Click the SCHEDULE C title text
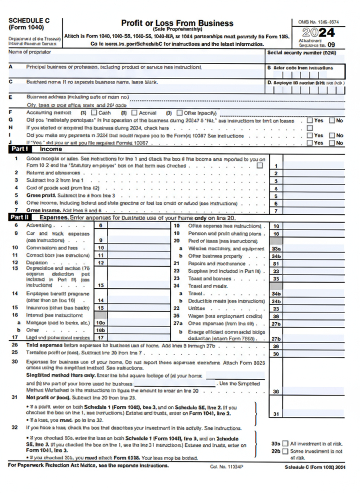click(x=29, y=20)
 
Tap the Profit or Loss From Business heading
click(x=177, y=23)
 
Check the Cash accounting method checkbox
click(x=94, y=112)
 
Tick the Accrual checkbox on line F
click(x=134, y=112)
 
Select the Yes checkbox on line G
click(x=310, y=120)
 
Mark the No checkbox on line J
click(x=332, y=143)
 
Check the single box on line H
click(x=310, y=128)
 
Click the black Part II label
click(x=20, y=217)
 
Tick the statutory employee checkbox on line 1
click(x=260, y=165)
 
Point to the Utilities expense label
click(x=197, y=309)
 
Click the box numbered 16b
click(x=101, y=330)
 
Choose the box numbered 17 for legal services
click(x=101, y=337)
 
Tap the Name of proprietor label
click(x=30, y=52)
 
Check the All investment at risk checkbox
click(x=285, y=444)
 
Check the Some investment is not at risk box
click(x=285, y=451)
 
